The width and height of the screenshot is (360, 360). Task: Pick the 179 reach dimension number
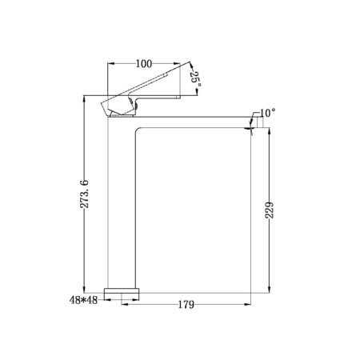(186, 305)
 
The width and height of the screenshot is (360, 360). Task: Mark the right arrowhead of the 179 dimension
(250, 305)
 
